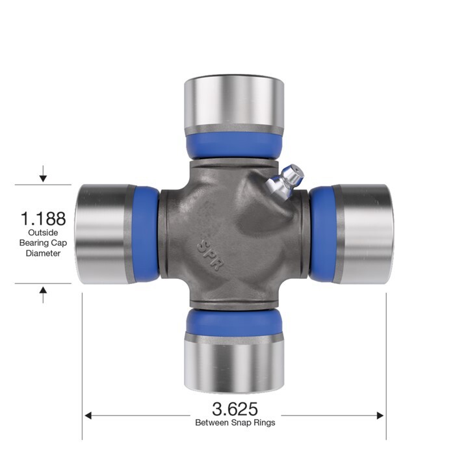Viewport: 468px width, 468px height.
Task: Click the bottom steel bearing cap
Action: pos(234,364)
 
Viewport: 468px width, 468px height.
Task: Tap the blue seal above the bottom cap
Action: pos(234,322)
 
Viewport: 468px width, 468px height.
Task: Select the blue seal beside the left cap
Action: pos(146,234)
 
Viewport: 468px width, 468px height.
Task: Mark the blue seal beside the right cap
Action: pos(322,234)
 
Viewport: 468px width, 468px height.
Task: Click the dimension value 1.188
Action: pos(43,217)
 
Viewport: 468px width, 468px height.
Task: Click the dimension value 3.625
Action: pos(235,409)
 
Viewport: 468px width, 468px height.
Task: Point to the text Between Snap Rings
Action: pos(235,422)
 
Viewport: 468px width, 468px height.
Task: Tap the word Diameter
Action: pos(43,253)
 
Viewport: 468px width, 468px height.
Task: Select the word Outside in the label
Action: pos(43,233)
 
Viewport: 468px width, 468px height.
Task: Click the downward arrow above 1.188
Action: pos(43,174)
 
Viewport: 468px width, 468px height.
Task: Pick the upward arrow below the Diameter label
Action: pos(43,294)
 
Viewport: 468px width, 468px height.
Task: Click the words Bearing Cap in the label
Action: pos(43,243)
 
